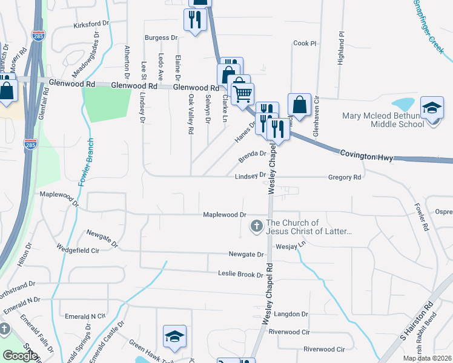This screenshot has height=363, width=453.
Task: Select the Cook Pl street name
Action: [x=305, y=44]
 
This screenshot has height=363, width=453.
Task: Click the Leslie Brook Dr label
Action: [x=241, y=274]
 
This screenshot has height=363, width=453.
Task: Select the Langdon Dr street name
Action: [x=292, y=314]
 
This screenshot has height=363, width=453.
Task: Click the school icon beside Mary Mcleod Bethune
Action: [x=432, y=108]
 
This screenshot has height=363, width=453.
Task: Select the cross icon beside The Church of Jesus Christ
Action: [x=256, y=227]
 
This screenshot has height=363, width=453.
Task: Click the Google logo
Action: [x=20, y=356]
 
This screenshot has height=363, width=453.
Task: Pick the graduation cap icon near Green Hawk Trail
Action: [x=174, y=336]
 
